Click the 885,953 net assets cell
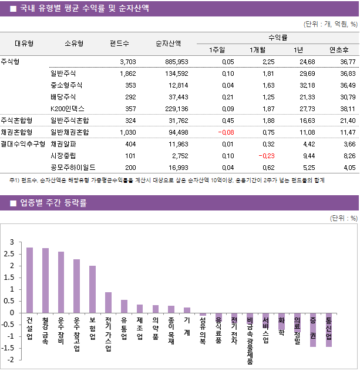[x=176, y=61]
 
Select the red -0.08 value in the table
[x=225, y=132]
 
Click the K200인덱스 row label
[x=68, y=108]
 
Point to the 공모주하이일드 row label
[x=73, y=167]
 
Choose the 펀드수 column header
[x=119, y=43]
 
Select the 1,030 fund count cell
[x=127, y=132]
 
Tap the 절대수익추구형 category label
[x=23, y=143]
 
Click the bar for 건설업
[x=29, y=280]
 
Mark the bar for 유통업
[x=124, y=306]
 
